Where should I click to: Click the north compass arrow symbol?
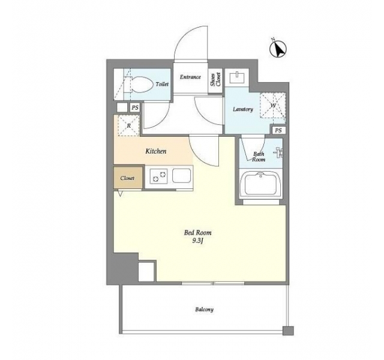coord(278,49)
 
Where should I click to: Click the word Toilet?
coord(162,84)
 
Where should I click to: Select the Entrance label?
coord(190,77)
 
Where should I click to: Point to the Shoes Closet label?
coord(216,80)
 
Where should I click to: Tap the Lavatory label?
coord(242,109)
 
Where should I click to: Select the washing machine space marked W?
coord(273,106)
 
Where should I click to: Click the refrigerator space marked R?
coord(129,125)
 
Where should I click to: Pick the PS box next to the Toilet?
coord(135,107)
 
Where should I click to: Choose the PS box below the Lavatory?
coord(278,131)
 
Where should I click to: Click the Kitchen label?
coord(156,151)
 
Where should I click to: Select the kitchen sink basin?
coord(181,175)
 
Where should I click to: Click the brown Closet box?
coord(128,178)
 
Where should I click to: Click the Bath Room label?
coord(259,157)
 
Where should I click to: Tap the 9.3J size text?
coord(197,241)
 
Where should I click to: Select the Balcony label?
coord(204,310)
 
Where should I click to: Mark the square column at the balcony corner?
coord(288,331)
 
